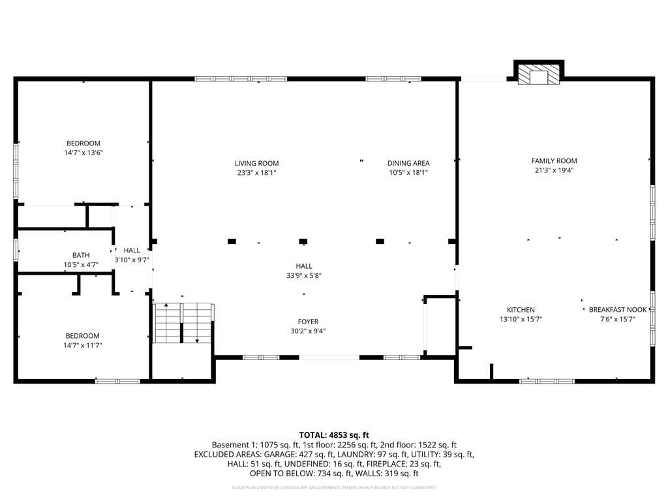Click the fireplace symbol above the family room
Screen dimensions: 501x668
click(539, 76)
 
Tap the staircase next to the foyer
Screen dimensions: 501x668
click(183, 323)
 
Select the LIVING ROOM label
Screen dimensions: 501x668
click(256, 163)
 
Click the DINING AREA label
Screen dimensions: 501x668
click(408, 163)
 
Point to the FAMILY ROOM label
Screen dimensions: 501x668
click(554, 160)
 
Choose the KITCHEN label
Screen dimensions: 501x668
click(521, 310)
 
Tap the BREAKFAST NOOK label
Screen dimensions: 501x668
click(617, 310)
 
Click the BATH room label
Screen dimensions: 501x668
click(82, 255)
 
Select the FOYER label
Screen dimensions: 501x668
click(308, 322)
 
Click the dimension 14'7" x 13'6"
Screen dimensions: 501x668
click(83, 153)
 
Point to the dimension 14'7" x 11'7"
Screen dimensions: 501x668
click(83, 345)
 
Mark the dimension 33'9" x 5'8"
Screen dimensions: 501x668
click(304, 275)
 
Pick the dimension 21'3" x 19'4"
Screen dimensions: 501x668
click(554, 170)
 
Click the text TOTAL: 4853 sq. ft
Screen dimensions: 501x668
click(334, 434)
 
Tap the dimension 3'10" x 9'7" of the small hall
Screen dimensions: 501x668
click(132, 259)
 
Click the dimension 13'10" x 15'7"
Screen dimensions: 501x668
click(521, 319)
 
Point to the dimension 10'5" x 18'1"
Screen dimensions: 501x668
click(408, 173)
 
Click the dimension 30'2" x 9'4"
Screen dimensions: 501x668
click(308, 331)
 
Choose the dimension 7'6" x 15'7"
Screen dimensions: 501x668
click(617, 319)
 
